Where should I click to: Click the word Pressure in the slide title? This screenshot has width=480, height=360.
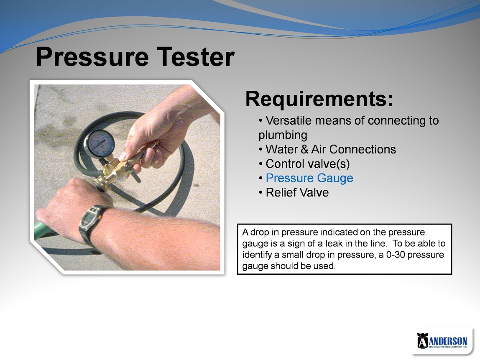pyautogui.click(x=92, y=57)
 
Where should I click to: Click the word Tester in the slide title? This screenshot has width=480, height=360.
pyautogui.click(x=196, y=56)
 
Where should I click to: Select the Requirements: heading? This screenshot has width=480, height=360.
pyautogui.click(x=319, y=99)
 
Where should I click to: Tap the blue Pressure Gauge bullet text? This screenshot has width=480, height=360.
pyautogui.click(x=309, y=178)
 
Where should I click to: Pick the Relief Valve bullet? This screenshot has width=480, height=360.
pyautogui.click(x=297, y=193)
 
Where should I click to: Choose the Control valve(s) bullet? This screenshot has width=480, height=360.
pyautogui.click(x=307, y=164)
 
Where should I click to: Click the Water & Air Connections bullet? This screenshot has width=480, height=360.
pyautogui.click(x=331, y=149)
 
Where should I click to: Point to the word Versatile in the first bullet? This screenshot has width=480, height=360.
pyautogui.click(x=289, y=120)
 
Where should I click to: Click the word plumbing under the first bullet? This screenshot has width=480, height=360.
pyautogui.click(x=283, y=135)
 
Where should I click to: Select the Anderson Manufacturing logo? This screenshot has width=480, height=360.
pyautogui.click(x=442, y=341)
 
